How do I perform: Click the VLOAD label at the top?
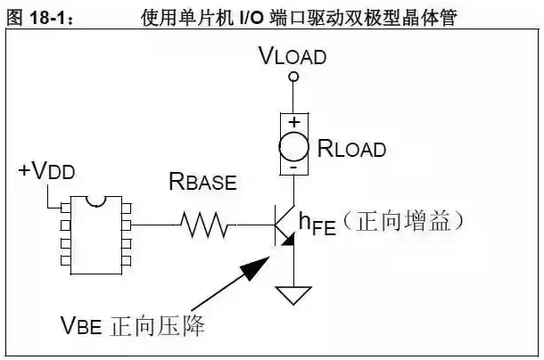(293, 56)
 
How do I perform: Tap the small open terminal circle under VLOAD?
(293, 77)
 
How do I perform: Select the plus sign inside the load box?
(294, 122)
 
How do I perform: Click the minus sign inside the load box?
(293, 168)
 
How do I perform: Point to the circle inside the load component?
(293, 146)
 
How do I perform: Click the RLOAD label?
(351, 149)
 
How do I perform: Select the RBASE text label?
(203, 181)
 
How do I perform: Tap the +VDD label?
(47, 170)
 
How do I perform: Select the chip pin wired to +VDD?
(66, 208)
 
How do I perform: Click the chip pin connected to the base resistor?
(127, 225)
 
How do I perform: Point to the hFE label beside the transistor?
(317, 224)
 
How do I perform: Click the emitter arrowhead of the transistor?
(289, 240)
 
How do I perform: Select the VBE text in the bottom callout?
(81, 325)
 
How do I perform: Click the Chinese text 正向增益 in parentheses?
(403, 221)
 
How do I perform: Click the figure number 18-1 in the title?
(47, 17)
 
